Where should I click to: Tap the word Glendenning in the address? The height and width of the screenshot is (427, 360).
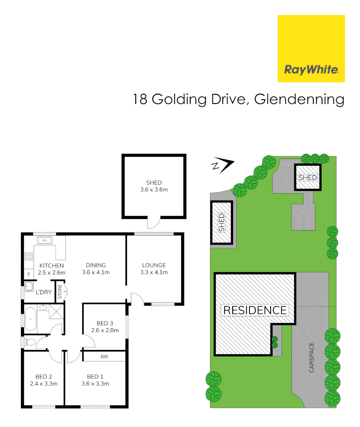[299, 99]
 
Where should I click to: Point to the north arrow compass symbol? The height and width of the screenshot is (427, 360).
[223, 165]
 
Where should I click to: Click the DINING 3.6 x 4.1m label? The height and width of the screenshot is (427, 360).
[96, 268]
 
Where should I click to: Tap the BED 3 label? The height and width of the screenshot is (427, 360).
[105, 323]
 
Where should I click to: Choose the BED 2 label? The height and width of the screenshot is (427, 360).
[44, 376]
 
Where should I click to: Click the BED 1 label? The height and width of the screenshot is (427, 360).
[95, 376]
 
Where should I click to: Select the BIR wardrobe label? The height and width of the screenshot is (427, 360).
[104, 357]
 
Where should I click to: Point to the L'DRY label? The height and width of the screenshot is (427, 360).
[44, 292]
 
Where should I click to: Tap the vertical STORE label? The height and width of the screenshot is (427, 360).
[60, 291]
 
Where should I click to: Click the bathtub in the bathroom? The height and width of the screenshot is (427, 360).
[30, 319]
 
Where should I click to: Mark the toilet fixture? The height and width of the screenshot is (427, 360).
[29, 342]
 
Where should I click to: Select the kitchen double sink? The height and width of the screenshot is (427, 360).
[44, 240]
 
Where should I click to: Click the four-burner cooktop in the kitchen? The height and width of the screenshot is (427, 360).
[29, 256]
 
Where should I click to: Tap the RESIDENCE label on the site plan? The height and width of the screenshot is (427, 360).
[255, 310]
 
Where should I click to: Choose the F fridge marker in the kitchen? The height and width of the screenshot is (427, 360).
[28, 274]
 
